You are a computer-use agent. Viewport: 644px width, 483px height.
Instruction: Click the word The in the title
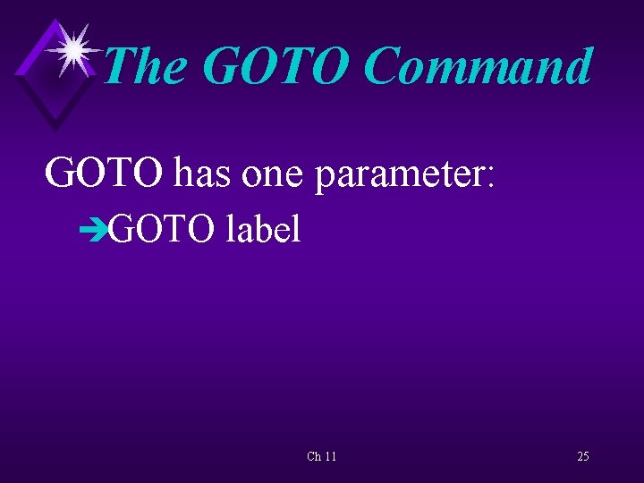point(145,67)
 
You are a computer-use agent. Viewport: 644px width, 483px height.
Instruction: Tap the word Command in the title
point(479,67)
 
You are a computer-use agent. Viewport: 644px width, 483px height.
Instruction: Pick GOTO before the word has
point(105,173)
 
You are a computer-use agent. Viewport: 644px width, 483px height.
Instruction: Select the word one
point(273,173)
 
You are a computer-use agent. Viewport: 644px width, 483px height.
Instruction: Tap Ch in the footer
point(314,457)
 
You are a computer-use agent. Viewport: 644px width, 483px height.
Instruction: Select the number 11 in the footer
point(330,457)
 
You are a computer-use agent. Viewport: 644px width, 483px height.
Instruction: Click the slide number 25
point(582,457)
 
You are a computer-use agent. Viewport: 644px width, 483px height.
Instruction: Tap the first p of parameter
point(324,176)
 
